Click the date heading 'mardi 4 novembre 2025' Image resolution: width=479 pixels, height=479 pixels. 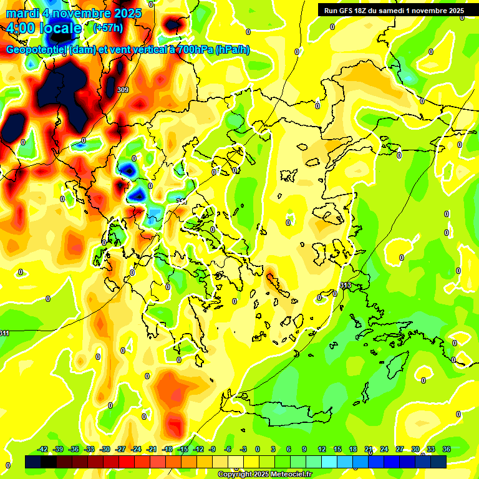click(74, 13)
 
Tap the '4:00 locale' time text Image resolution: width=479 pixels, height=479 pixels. click(44, 28)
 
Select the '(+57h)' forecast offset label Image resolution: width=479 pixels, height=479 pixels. click(107, 28)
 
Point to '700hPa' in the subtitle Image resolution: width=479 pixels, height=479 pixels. click(194, 50)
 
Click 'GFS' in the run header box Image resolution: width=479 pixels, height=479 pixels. click(348, 11)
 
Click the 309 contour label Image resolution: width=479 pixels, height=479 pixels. click(123, 90)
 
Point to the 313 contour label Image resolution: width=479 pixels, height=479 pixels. click(345, 285)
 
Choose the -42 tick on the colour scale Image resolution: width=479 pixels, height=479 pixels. click(43, 449)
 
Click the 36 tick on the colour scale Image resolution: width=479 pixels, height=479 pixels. click(446, 449)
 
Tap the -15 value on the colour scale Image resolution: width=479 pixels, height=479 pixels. click(183, 449)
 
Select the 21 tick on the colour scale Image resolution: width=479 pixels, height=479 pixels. click(368, 449)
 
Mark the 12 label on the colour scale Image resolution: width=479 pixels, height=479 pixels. click(321, 449)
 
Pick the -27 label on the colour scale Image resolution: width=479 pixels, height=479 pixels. click(121, 449)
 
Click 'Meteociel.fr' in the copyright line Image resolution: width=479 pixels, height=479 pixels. click(288, 475)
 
